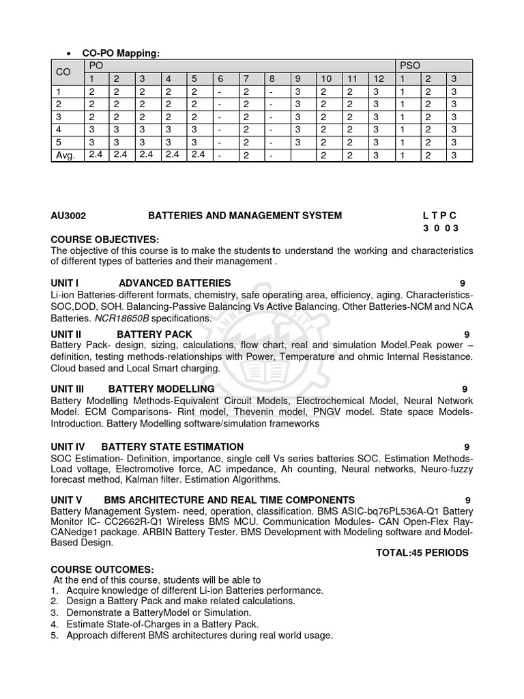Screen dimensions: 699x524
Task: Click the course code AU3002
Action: [68, 216]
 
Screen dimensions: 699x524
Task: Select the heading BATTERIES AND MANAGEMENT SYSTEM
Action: [245, 216]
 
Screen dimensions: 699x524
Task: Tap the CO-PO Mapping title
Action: [121, 54]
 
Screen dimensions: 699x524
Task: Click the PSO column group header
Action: [411, 66]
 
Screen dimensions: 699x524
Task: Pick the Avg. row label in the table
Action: [64, 156]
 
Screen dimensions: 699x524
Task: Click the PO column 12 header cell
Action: [379, 79]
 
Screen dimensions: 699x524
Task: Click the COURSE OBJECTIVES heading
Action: [104, 239]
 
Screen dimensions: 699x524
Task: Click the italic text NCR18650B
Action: [123, 318]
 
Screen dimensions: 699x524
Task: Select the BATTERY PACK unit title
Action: [154, 334]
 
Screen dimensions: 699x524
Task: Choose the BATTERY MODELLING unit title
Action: [162, 388]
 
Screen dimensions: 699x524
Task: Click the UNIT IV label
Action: [68, 446]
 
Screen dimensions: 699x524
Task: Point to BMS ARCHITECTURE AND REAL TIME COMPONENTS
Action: [229, 500]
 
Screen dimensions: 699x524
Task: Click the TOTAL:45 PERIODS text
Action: [422, 553]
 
